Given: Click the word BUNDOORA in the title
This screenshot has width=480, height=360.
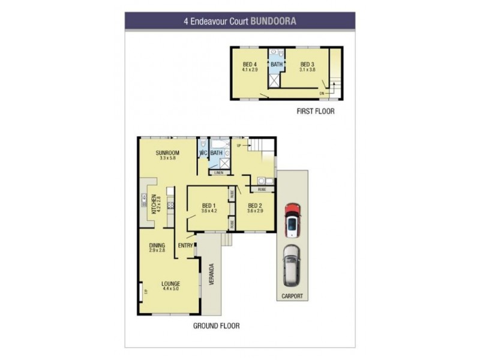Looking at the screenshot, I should (273, 20).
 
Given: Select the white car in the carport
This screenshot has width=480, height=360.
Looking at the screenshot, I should (292, 264).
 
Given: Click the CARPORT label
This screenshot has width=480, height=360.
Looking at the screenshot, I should (293, 296).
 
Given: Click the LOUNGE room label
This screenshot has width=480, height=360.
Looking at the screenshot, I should (171, 283).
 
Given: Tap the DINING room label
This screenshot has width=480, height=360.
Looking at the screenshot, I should (157, 245).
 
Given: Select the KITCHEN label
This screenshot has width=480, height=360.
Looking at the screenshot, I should (154, 205).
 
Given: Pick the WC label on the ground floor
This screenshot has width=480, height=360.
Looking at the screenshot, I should (203, 153).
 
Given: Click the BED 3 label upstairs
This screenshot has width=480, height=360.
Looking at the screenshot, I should (307, 64).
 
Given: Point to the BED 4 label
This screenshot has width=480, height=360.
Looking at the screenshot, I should (250, 64).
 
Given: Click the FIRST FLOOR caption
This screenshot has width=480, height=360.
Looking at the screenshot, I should (316, 112).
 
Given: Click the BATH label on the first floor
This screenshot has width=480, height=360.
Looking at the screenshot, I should (276, 64).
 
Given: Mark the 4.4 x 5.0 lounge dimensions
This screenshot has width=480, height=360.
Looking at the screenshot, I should (171, 289).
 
